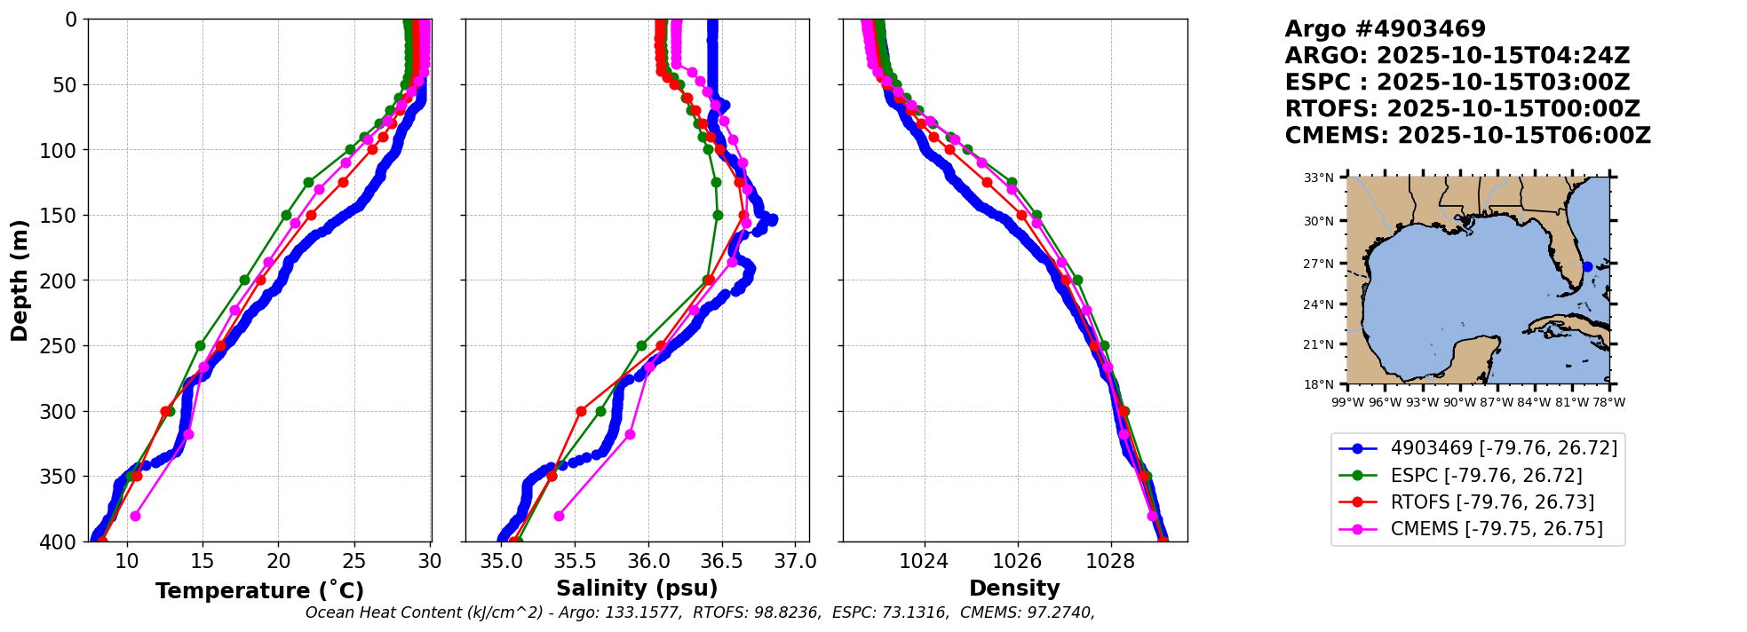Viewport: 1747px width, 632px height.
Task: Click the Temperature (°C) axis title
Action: click(259, 591)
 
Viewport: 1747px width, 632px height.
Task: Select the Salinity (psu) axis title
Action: click(637, 589)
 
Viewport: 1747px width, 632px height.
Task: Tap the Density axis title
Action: click(1014, 589)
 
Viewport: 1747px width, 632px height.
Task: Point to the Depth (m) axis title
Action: click(20, 280)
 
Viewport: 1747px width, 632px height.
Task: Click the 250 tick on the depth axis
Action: click(65, 346)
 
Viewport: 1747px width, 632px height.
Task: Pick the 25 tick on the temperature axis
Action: click(354, 561)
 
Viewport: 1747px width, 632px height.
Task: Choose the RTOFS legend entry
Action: click(1492, 502)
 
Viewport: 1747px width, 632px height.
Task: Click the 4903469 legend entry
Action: click(1504, 448)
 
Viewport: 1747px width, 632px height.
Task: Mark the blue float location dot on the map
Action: click(1587, 266)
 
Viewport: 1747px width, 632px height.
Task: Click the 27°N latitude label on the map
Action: click(1319, 264)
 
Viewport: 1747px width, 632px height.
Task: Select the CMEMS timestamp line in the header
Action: click(1467, 136)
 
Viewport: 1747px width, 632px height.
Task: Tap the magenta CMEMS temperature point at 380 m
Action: click(135, 516)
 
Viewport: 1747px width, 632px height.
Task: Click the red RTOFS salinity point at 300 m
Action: click(581, 411)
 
